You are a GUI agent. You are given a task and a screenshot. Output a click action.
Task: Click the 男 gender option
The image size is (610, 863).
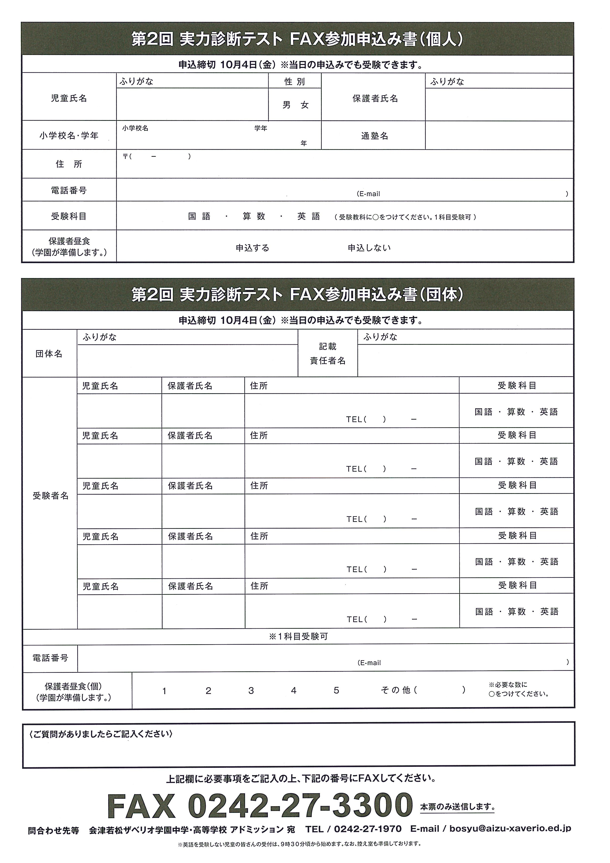click(287, 105)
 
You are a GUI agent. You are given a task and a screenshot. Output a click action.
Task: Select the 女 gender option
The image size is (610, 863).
click(305, 105)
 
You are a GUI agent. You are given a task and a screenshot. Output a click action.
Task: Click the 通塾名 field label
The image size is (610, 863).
click(375, 136)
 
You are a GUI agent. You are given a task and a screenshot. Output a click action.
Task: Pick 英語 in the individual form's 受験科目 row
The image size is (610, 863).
click(309, 217)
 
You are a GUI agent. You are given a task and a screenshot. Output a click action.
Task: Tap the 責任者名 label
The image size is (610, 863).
click(328, 361)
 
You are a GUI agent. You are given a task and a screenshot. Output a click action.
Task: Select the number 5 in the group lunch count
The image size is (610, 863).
click(336, 691)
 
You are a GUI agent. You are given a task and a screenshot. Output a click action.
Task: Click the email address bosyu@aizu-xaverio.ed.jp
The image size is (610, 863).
click(510, 829)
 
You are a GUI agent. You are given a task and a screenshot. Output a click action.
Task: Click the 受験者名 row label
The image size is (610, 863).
click(50, 496)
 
